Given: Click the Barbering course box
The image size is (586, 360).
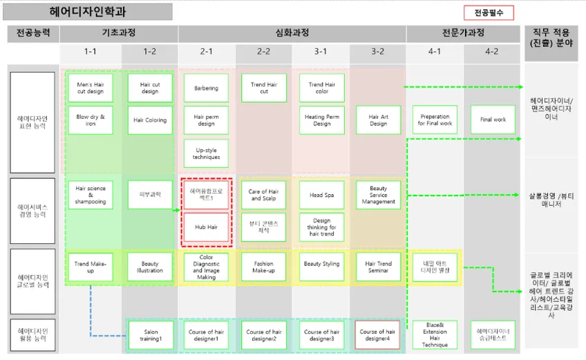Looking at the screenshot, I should pos(206,88).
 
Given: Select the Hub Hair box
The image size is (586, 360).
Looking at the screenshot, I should pos(206,227).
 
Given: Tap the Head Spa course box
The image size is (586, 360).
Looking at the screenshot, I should pos(322,195).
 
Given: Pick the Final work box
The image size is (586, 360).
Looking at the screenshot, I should pos(493,120).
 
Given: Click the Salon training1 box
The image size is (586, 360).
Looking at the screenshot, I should pos(150,334).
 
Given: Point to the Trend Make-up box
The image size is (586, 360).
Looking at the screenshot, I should pos(91,267).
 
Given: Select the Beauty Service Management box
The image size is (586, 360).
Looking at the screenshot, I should pos(379,195).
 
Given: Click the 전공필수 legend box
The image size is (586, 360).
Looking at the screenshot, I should pos(489,12).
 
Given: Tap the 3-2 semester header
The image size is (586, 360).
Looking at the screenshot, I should pos(379,52).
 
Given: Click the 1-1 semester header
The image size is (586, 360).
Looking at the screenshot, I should pos(91,52).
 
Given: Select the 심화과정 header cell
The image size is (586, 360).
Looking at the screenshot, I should pos(292,33).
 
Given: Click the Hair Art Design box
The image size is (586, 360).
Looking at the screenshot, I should pos(379,120).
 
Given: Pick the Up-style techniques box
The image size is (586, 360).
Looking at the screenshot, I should pos(206,153).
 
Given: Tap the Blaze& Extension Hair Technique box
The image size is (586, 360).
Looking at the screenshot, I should pos(435,334).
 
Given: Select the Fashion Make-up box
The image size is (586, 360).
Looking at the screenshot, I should pos(263,267).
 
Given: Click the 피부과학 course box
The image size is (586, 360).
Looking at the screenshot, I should pos(150,195).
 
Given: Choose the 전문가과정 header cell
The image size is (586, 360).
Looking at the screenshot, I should pos(464,33).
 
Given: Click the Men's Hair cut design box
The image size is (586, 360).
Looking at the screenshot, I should pos(91,88).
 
